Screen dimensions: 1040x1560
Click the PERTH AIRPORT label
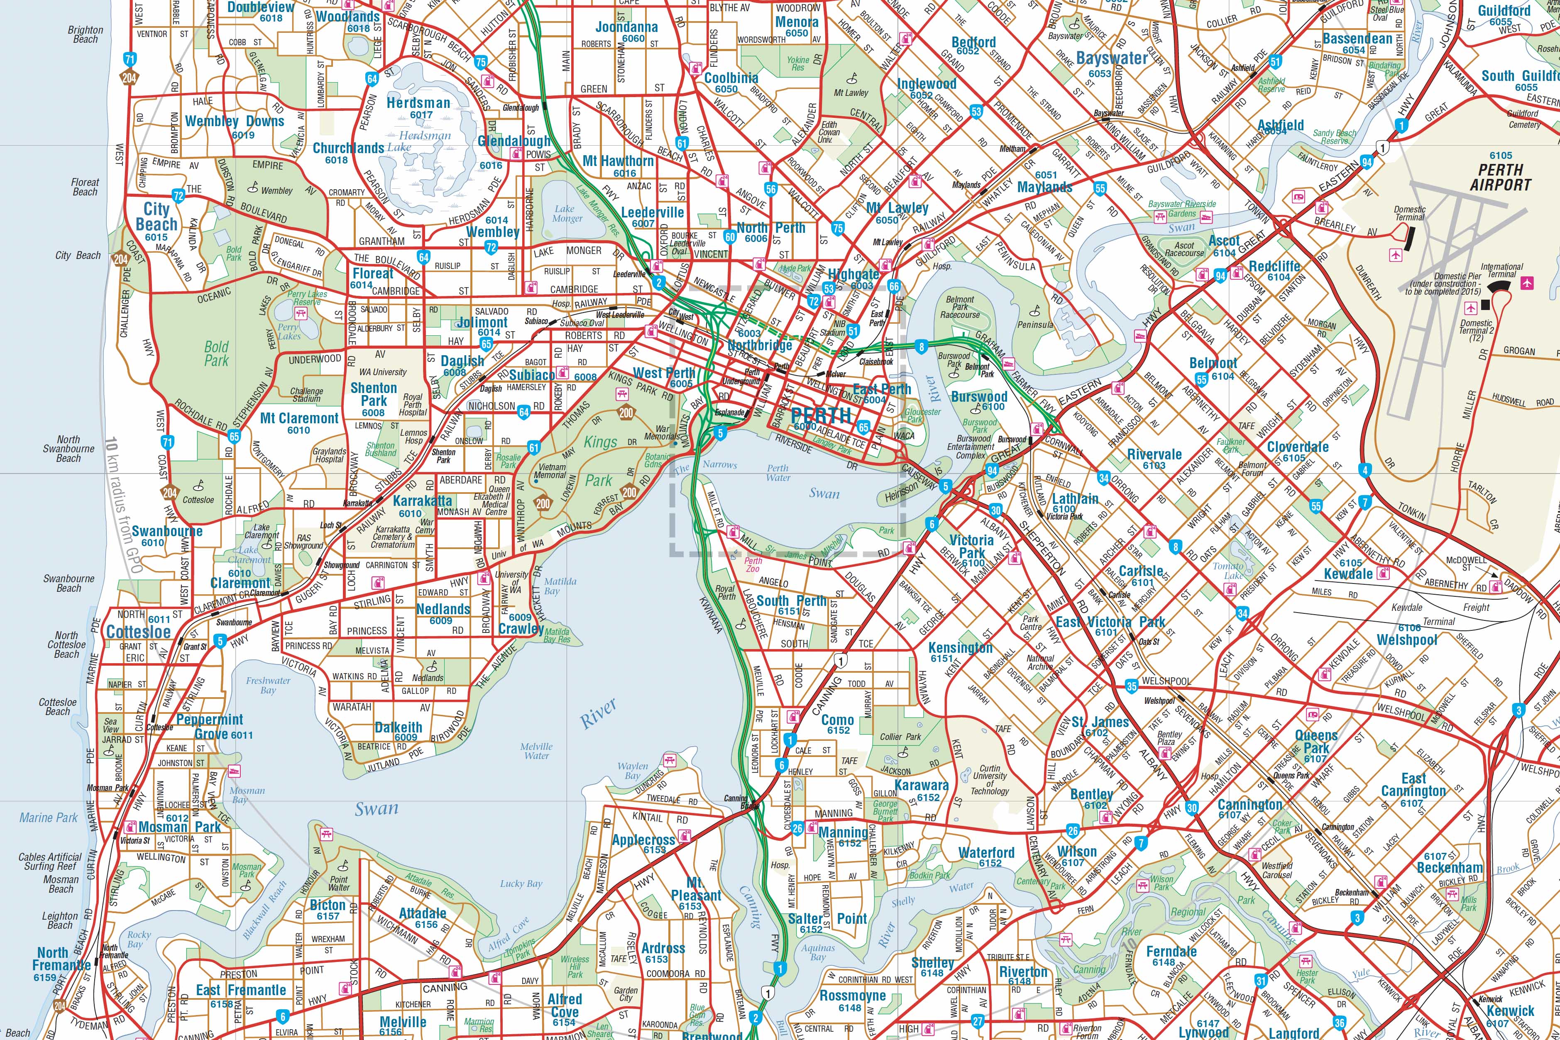pos(1500,177)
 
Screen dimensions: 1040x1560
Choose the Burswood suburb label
pos(978,397)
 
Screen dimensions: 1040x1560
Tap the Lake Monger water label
pos(567,214)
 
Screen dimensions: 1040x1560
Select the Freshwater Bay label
pos(268,685)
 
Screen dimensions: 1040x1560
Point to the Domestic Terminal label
pos(1409,213)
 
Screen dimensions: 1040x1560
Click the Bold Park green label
pos(216,354)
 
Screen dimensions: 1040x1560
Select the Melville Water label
pos(536,751)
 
